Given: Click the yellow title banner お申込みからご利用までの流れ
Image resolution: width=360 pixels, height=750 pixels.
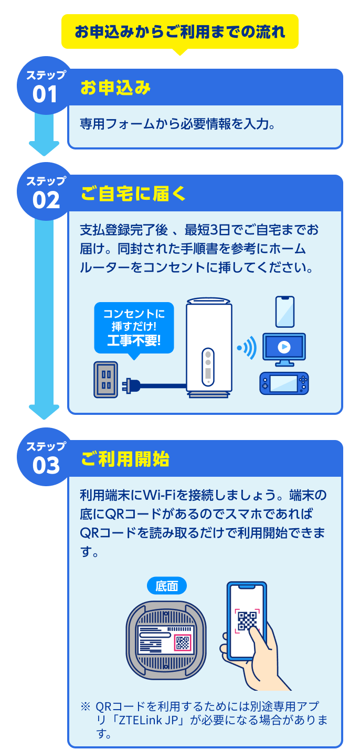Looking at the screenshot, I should [x=180, y=31].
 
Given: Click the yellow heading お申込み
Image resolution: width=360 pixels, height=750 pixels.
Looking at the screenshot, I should [x=115, y=88].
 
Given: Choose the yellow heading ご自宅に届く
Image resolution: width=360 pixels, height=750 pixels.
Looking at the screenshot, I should [x=133, y=194].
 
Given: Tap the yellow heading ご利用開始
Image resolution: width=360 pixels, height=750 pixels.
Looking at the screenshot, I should [x=125, y=459].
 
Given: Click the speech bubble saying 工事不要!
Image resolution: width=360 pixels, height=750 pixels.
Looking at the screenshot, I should [x=134, y=327].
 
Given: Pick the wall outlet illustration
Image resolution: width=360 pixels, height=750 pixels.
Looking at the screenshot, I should [x=106, y=379].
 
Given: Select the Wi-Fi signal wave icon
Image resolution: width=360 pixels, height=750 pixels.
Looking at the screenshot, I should [x=247, y=348].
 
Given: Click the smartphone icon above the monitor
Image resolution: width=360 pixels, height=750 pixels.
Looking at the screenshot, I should [x=285, y=312].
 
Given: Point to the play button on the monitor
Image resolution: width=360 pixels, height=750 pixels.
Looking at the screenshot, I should [x=284, y=347].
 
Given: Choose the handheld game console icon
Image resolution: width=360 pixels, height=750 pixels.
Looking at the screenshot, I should [x=284, y=383].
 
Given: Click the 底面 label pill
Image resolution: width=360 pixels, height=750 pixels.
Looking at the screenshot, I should [x=166, y=585].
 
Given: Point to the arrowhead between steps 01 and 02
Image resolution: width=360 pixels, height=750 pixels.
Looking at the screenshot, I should [x=44, y=148].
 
